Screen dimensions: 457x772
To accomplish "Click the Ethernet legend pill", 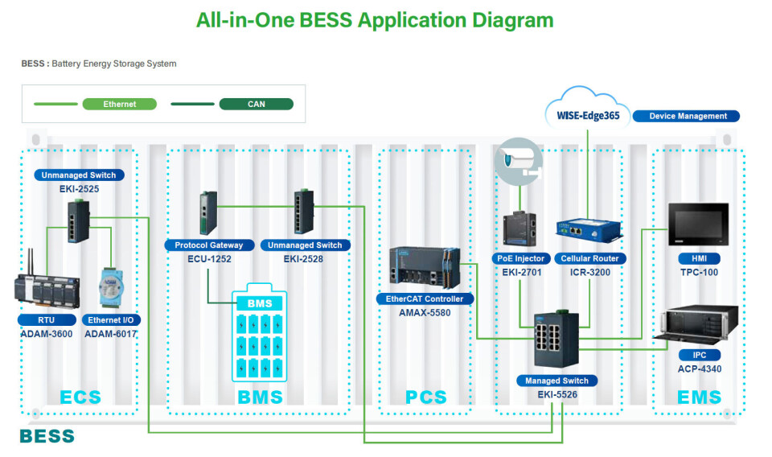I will (x=120, y=104).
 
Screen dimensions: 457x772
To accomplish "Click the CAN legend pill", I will (x=256, y=104).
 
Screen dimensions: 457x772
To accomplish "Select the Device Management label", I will (x=688, y=116).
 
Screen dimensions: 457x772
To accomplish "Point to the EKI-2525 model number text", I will (x=79, y=188).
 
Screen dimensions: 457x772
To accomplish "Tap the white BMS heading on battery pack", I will (x=259, y=303).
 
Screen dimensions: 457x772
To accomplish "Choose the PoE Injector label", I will (x=521, y=259).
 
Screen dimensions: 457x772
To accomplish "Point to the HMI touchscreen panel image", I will (x=698, y=224).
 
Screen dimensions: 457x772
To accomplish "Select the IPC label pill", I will (x=698, y=355).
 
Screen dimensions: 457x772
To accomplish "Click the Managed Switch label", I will (x=557, y=381).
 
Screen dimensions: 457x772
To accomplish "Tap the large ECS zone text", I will (x=80, y=397).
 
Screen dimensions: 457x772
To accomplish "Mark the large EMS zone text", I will (x=699, y=397).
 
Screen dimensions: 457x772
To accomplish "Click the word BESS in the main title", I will (x=326, y=20).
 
